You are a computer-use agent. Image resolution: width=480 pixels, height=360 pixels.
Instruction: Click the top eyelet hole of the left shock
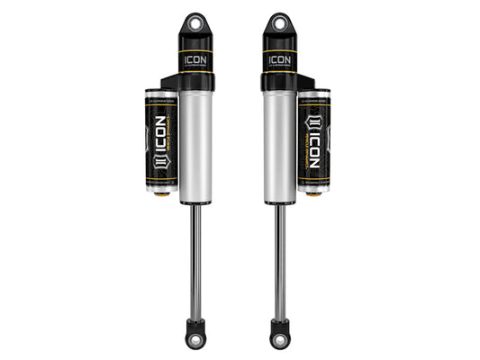coord(195,22)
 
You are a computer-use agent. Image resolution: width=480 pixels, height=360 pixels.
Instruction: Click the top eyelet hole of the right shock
coord(278,22)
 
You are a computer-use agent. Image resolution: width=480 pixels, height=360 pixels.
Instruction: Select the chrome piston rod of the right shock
coord(277,261)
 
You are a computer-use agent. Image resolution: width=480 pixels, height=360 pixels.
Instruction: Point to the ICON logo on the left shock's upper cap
coord(195,61)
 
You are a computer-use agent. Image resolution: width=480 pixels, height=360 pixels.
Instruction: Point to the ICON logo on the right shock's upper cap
coord(278,61)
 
